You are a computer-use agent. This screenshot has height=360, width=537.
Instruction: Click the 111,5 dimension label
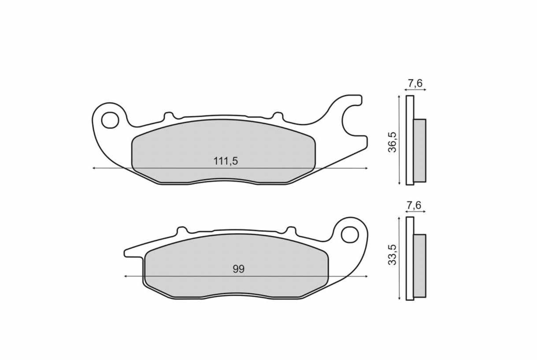click(226, 161)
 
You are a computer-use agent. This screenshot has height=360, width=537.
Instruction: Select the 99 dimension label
click(238, 269)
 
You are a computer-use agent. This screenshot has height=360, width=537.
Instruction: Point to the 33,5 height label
click(392, 255)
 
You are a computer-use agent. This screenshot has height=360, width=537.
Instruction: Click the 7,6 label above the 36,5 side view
click(415, 83)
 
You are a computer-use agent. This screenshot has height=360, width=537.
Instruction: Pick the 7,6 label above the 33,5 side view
click(415, 205)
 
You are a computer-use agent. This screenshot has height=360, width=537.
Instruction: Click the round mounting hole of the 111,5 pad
click(110, 119)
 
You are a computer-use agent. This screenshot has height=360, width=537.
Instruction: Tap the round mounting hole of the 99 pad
click(350, 234)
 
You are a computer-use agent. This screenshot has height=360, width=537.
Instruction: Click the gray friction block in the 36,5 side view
click(420, 150)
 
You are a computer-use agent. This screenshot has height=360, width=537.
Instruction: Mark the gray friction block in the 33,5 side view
click(420, 266)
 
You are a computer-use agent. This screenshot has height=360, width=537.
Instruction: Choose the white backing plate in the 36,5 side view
click(410, 140)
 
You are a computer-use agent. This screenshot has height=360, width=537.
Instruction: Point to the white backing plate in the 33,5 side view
click(410, 259)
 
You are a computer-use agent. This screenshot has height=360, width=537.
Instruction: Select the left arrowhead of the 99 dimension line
click(126, 276)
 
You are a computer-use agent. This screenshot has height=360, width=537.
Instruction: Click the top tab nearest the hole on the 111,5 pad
click(168, 116)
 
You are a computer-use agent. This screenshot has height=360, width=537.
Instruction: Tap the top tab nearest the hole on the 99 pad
click(290, 230)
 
